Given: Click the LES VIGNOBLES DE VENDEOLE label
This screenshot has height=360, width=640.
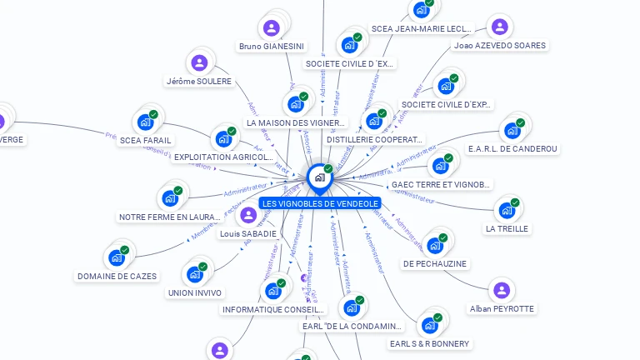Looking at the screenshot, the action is pos(319,203).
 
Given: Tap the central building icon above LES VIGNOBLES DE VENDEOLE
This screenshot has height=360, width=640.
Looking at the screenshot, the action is pos(319,177).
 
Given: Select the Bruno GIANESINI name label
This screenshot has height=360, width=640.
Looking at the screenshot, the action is pos(272,46).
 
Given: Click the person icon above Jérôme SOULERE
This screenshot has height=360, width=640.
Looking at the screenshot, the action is pos(199,62).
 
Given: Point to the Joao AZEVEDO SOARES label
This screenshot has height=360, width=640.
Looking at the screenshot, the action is pos(500,46).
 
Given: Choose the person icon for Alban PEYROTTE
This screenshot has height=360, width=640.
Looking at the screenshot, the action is pos(501,290).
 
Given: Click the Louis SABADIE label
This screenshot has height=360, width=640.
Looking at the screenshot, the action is pos(247,234).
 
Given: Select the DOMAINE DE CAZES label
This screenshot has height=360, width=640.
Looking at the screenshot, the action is pos(117,276).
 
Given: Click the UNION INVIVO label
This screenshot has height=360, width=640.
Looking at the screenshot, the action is pos(195,292).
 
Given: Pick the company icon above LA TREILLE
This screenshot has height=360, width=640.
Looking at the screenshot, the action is pos(506,210).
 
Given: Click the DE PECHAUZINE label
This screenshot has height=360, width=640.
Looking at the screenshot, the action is pos(434,263).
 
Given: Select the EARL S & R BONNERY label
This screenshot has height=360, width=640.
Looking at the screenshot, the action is pos(429,343).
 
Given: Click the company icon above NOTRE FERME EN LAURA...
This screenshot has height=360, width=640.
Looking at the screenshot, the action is pos(170,198).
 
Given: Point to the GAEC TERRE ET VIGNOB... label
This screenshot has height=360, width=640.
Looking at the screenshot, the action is pos(441,184).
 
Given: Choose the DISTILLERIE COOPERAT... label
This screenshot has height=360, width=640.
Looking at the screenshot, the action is pos(375,140).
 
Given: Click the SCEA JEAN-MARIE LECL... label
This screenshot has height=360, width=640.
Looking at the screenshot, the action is pos(422,28).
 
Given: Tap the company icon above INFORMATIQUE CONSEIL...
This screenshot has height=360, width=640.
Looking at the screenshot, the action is pos(272,291).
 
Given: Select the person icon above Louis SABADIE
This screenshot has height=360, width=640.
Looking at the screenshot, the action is pos(247,216).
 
